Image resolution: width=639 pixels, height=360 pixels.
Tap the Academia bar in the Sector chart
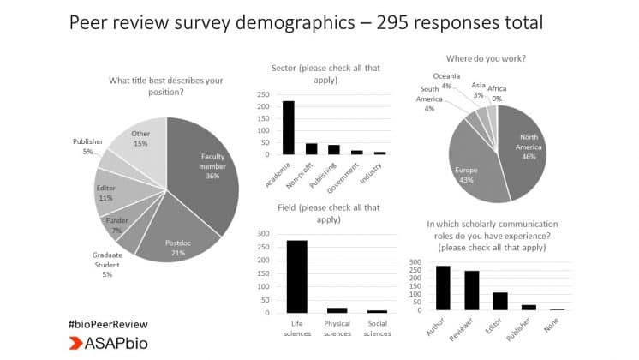[x=289, y=127]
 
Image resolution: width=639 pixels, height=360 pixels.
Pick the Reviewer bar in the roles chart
[x=472, y=290]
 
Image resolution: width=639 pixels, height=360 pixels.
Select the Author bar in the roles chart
[x=443, y=287]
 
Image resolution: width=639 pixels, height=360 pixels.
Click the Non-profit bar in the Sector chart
[x=311, y=148]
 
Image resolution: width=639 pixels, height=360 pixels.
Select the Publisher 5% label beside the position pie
[x=87, y=146]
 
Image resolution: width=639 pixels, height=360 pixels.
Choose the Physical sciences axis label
[x=337, y=327]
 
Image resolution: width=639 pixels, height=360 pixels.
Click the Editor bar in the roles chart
[x=500, y=301]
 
